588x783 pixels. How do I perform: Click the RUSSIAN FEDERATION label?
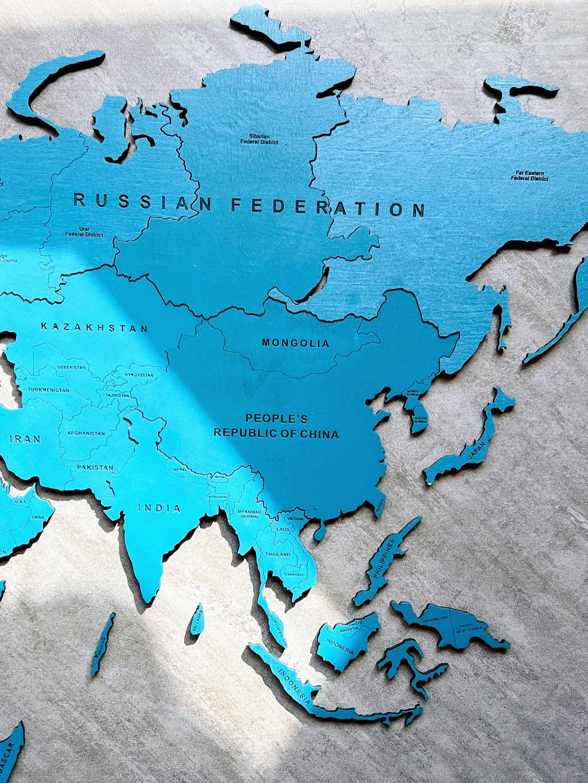(249, 205)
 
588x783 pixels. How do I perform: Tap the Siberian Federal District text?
(259, 139)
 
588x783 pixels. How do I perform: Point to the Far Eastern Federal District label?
(529, 176)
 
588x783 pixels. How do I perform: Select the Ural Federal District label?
(84, 232)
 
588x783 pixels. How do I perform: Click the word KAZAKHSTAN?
(95, 328)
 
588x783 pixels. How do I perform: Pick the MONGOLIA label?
(296, 343)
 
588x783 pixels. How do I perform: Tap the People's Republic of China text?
(276, 426)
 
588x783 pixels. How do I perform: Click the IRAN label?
(25, 439)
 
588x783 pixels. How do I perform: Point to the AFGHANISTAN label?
(86, 434)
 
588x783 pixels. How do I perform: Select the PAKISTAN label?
(95, 467)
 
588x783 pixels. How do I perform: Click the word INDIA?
(159, 508)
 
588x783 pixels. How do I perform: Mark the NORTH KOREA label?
(413, 394)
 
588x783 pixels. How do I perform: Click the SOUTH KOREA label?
(420, 420)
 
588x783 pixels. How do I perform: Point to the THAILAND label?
(278, 555)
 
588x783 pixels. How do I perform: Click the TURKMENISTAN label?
(48, 389)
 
